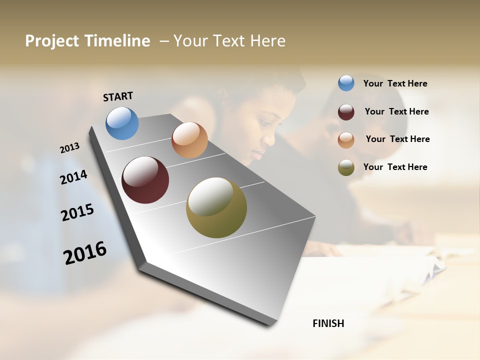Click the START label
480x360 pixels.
tap(118, 96)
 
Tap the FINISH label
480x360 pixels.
tap(328, 323)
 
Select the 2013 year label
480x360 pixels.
tap(70, 148)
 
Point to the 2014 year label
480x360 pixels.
tap(73, 177)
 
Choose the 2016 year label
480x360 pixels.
tap(85, 252)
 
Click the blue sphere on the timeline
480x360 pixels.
tap(122, 123)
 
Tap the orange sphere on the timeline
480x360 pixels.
tap(189, 140)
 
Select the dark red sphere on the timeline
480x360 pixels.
tap(145, 180)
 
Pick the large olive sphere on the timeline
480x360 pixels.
tap(216, 207)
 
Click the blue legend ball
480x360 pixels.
tap(346, 83)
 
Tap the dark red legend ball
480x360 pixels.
tap(346, 112)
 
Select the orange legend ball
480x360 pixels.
tap(346, 140)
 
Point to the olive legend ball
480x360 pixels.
tap(346, 168)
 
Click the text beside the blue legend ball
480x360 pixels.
tap(395, 83)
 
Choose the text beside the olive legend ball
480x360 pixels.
tap(395, 167)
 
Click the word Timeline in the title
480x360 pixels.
tap(117, 41)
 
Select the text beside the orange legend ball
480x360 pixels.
tap(397, 139)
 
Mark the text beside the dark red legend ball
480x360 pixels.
tap(396, 111)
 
